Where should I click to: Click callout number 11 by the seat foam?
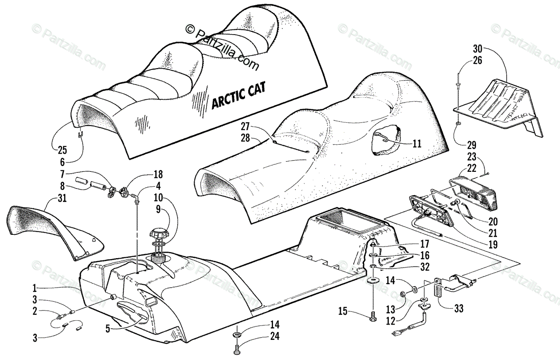click(x=417, y=144)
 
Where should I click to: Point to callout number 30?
click(x=477, y=49)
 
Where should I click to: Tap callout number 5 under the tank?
click(x=108, y=328)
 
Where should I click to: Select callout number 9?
click(x=158, y=209)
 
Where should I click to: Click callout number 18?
click(x=158, y=174)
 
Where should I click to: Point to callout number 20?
click(x=493, y=222)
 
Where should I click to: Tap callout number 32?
click(x=424, y=268)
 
